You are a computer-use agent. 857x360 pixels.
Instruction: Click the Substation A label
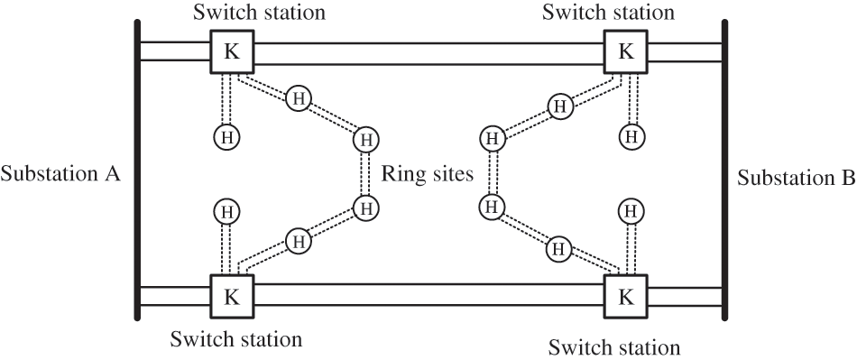click(x=61, y=174)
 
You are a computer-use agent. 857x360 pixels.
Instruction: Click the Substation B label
click(x=796, y=177)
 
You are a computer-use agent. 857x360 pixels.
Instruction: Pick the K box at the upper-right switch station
click(x=625, y=51)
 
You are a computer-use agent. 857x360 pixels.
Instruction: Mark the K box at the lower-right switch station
click(x=625, y=296)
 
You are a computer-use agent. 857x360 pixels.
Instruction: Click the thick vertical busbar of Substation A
click(x=137, y=171)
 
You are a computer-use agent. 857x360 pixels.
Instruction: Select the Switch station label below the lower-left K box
click(x=236, y=340)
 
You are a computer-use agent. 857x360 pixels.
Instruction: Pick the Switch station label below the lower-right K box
click(x=615, y=346)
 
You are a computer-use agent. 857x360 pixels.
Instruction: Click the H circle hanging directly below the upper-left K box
click(x=226, y=137)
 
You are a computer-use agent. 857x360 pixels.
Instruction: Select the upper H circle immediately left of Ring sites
click(x=365, y=140)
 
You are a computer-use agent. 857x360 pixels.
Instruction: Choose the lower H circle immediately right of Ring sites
click(x=492, y=207)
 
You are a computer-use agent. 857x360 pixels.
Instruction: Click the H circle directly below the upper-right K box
click(x=631, y=137)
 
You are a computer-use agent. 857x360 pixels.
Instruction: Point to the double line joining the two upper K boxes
click(x=428, y=52)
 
